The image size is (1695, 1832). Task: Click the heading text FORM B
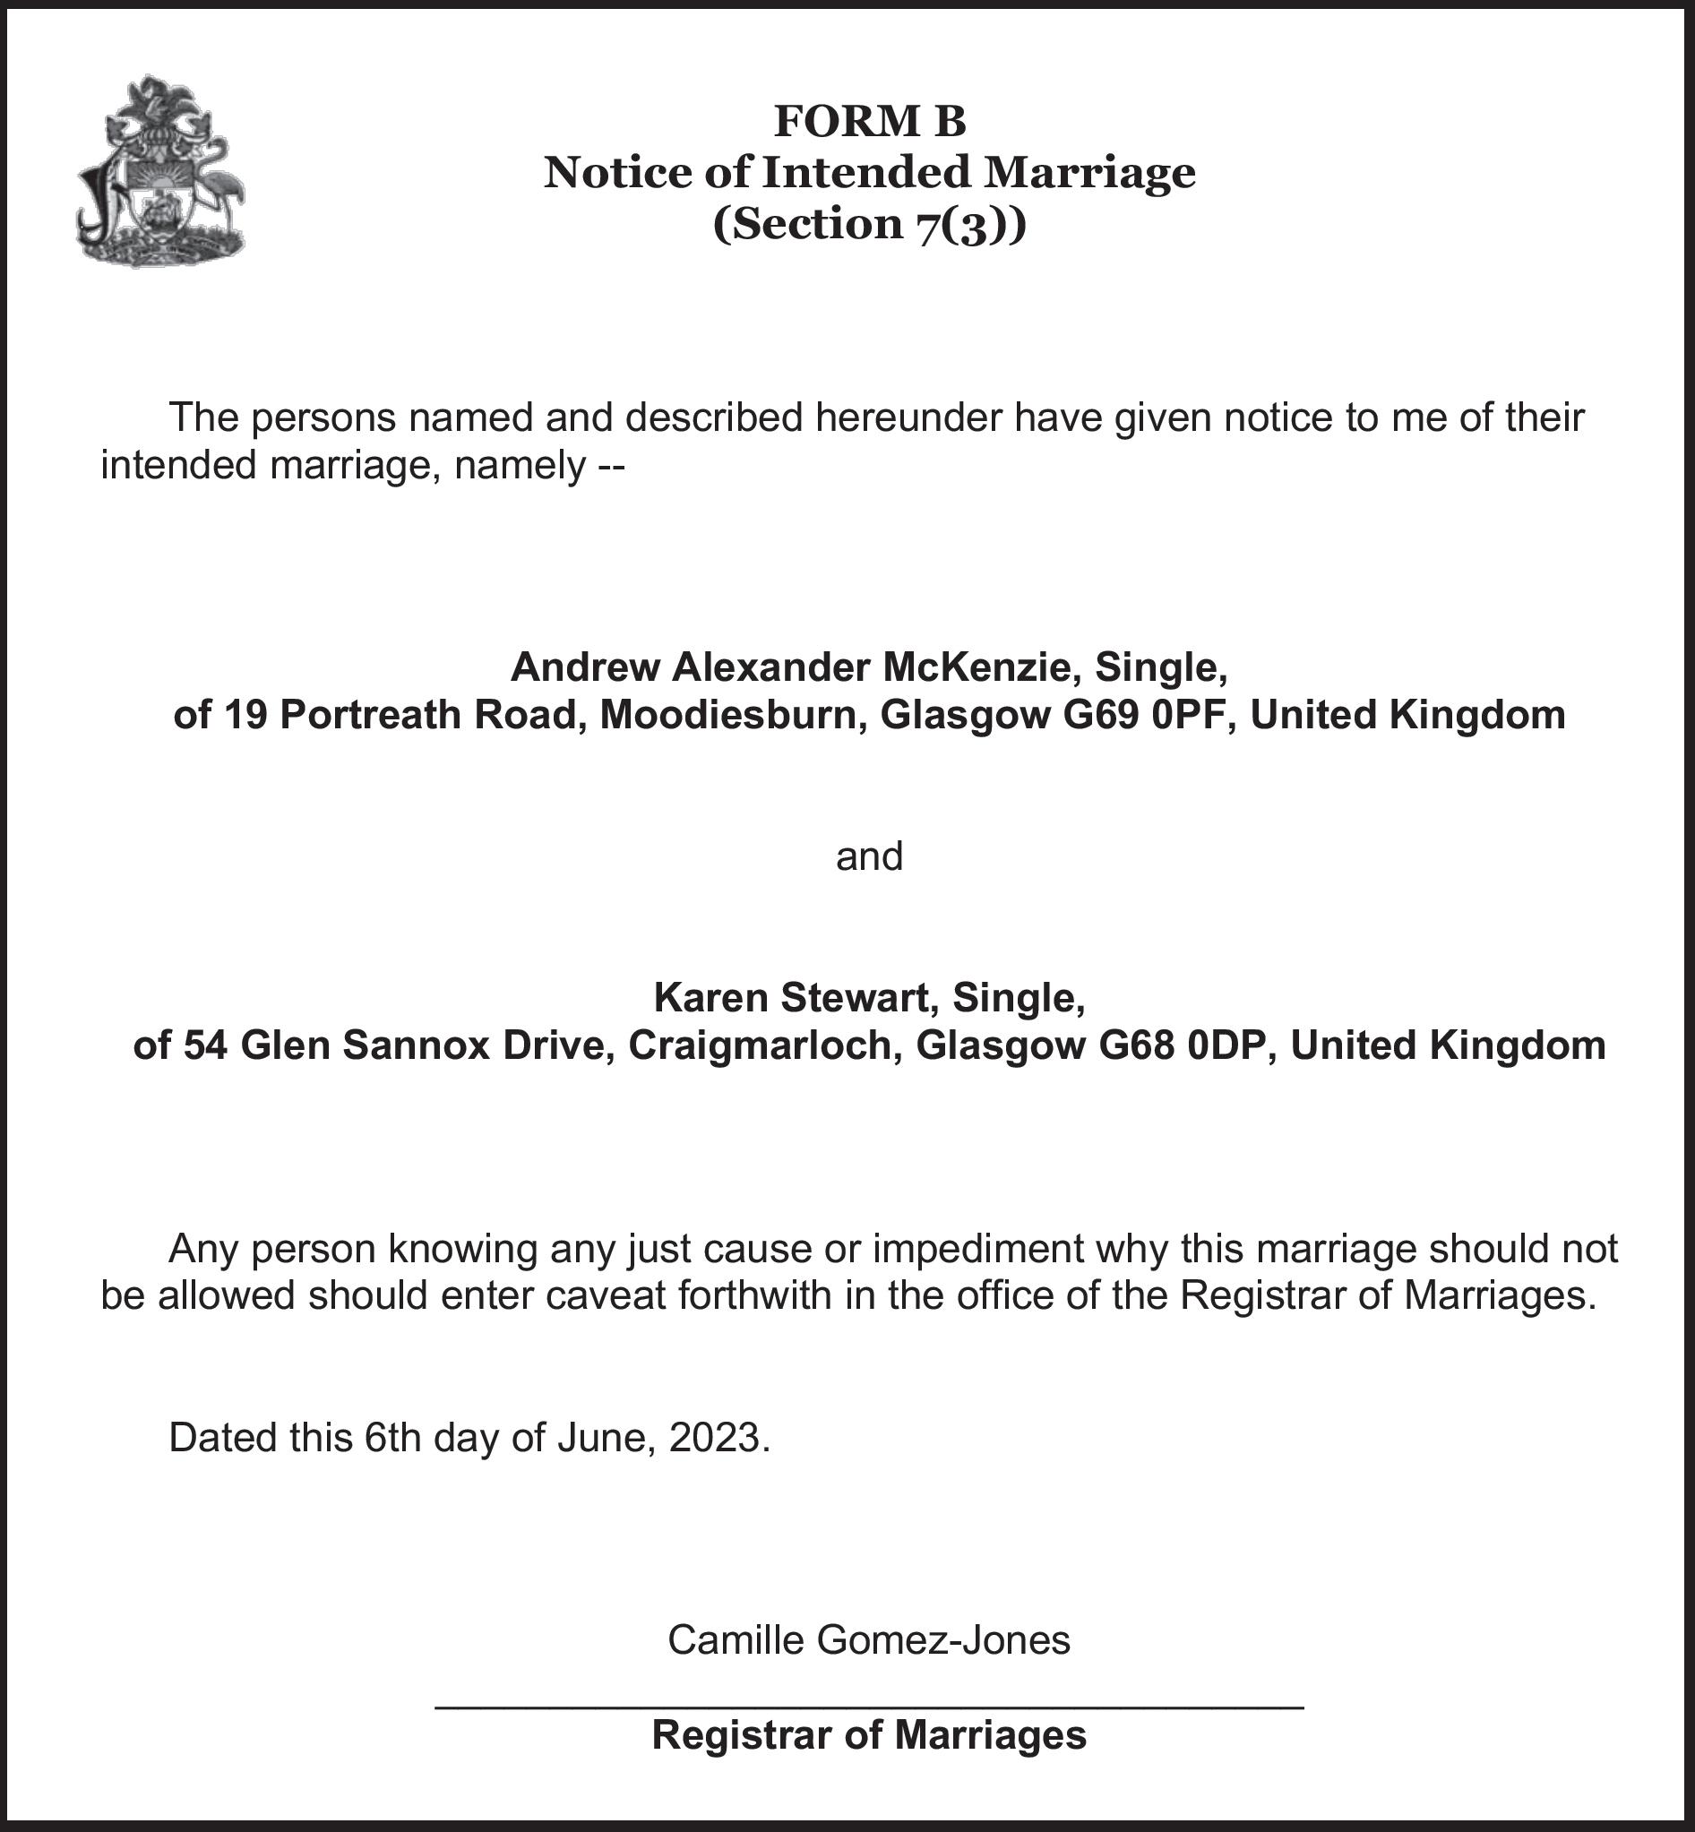tap(869, 121)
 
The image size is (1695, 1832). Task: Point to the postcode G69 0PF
tap(1143, 716)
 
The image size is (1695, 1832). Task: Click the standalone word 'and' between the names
tap(869, 856)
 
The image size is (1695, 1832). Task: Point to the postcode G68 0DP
tap(1183, 1045)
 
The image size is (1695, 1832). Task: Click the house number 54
tap(206, 1045)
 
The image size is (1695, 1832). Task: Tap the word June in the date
tap(607, 1438)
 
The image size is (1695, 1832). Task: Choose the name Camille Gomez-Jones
tap(869, 1639)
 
